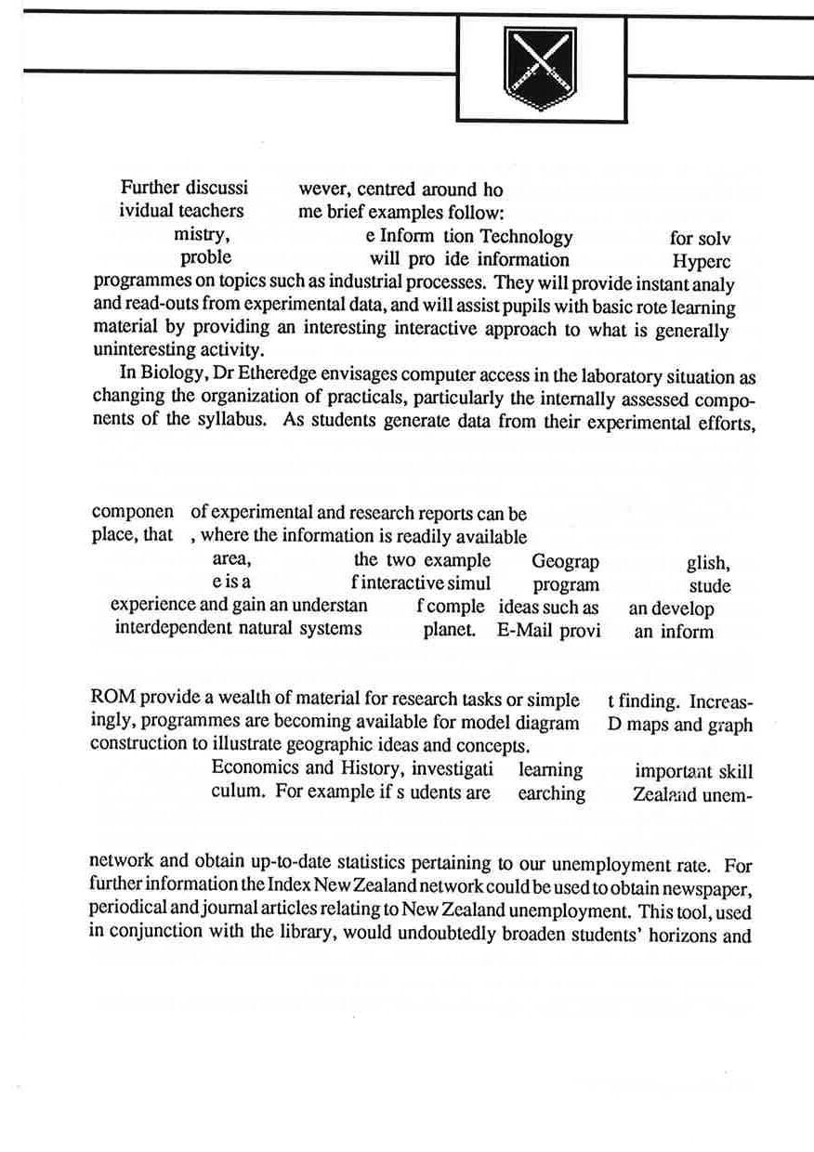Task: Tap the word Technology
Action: coord(526,237)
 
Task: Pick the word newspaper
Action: coord(709,889)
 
